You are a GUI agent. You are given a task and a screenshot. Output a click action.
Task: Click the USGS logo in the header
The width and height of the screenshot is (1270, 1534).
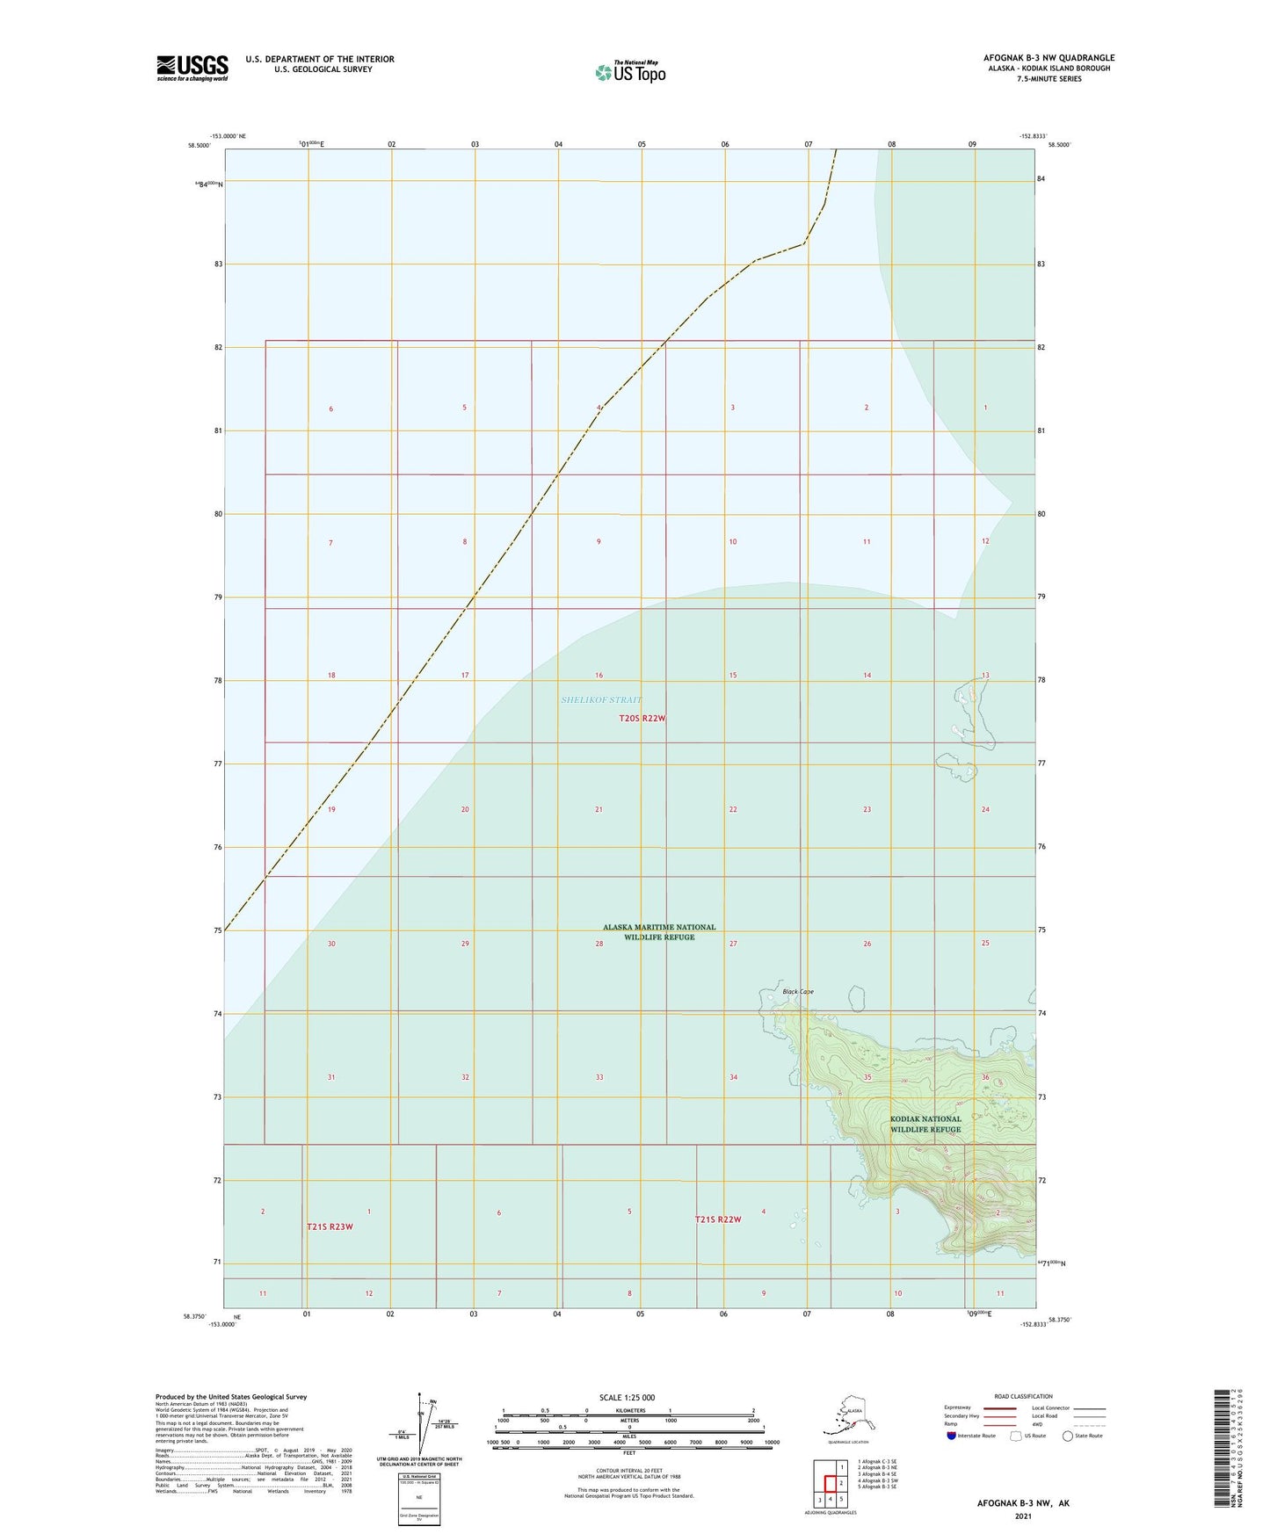click(x=192, y=68)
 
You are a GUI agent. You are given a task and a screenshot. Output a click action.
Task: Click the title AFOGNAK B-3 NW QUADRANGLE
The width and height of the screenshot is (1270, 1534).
click(x=1049, y=58)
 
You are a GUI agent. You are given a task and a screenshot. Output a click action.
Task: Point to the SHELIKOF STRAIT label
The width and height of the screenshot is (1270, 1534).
click(x=601, y=700)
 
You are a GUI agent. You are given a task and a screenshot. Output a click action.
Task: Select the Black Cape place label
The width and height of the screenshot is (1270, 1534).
click(x=798, y=992)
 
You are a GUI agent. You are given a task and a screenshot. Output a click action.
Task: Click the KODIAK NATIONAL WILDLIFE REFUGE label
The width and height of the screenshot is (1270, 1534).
click(x=925, y=1125)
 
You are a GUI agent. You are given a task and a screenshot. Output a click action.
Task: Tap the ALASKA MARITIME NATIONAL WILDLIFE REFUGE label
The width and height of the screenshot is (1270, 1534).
click(x=659, y=932)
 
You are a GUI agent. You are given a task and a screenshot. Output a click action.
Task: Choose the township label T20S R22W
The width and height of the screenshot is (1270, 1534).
click(x=642, y=719)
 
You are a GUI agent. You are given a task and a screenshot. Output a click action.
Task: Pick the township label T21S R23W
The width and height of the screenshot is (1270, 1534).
click(x=330, y=1227)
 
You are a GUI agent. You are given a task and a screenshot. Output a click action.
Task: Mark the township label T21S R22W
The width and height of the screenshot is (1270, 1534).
click(x=718, y=1219)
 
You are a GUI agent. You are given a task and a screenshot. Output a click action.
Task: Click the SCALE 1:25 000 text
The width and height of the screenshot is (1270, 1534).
click(x=627, y=1398)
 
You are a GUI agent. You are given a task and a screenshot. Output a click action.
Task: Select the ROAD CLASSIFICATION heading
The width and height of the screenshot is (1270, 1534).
click(x=1023, y=1396)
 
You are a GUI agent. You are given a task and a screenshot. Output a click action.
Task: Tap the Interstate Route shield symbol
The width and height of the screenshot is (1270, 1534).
click(x=952, y=1436)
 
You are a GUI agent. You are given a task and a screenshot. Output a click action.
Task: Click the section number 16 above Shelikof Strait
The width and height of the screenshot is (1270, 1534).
click(x=599, y=676)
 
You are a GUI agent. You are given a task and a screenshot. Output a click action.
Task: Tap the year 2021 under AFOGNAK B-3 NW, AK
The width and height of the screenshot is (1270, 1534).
click(x=1023, y=1516)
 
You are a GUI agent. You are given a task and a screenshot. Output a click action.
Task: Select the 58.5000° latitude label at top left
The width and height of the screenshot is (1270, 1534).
click(x=200, y=146)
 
